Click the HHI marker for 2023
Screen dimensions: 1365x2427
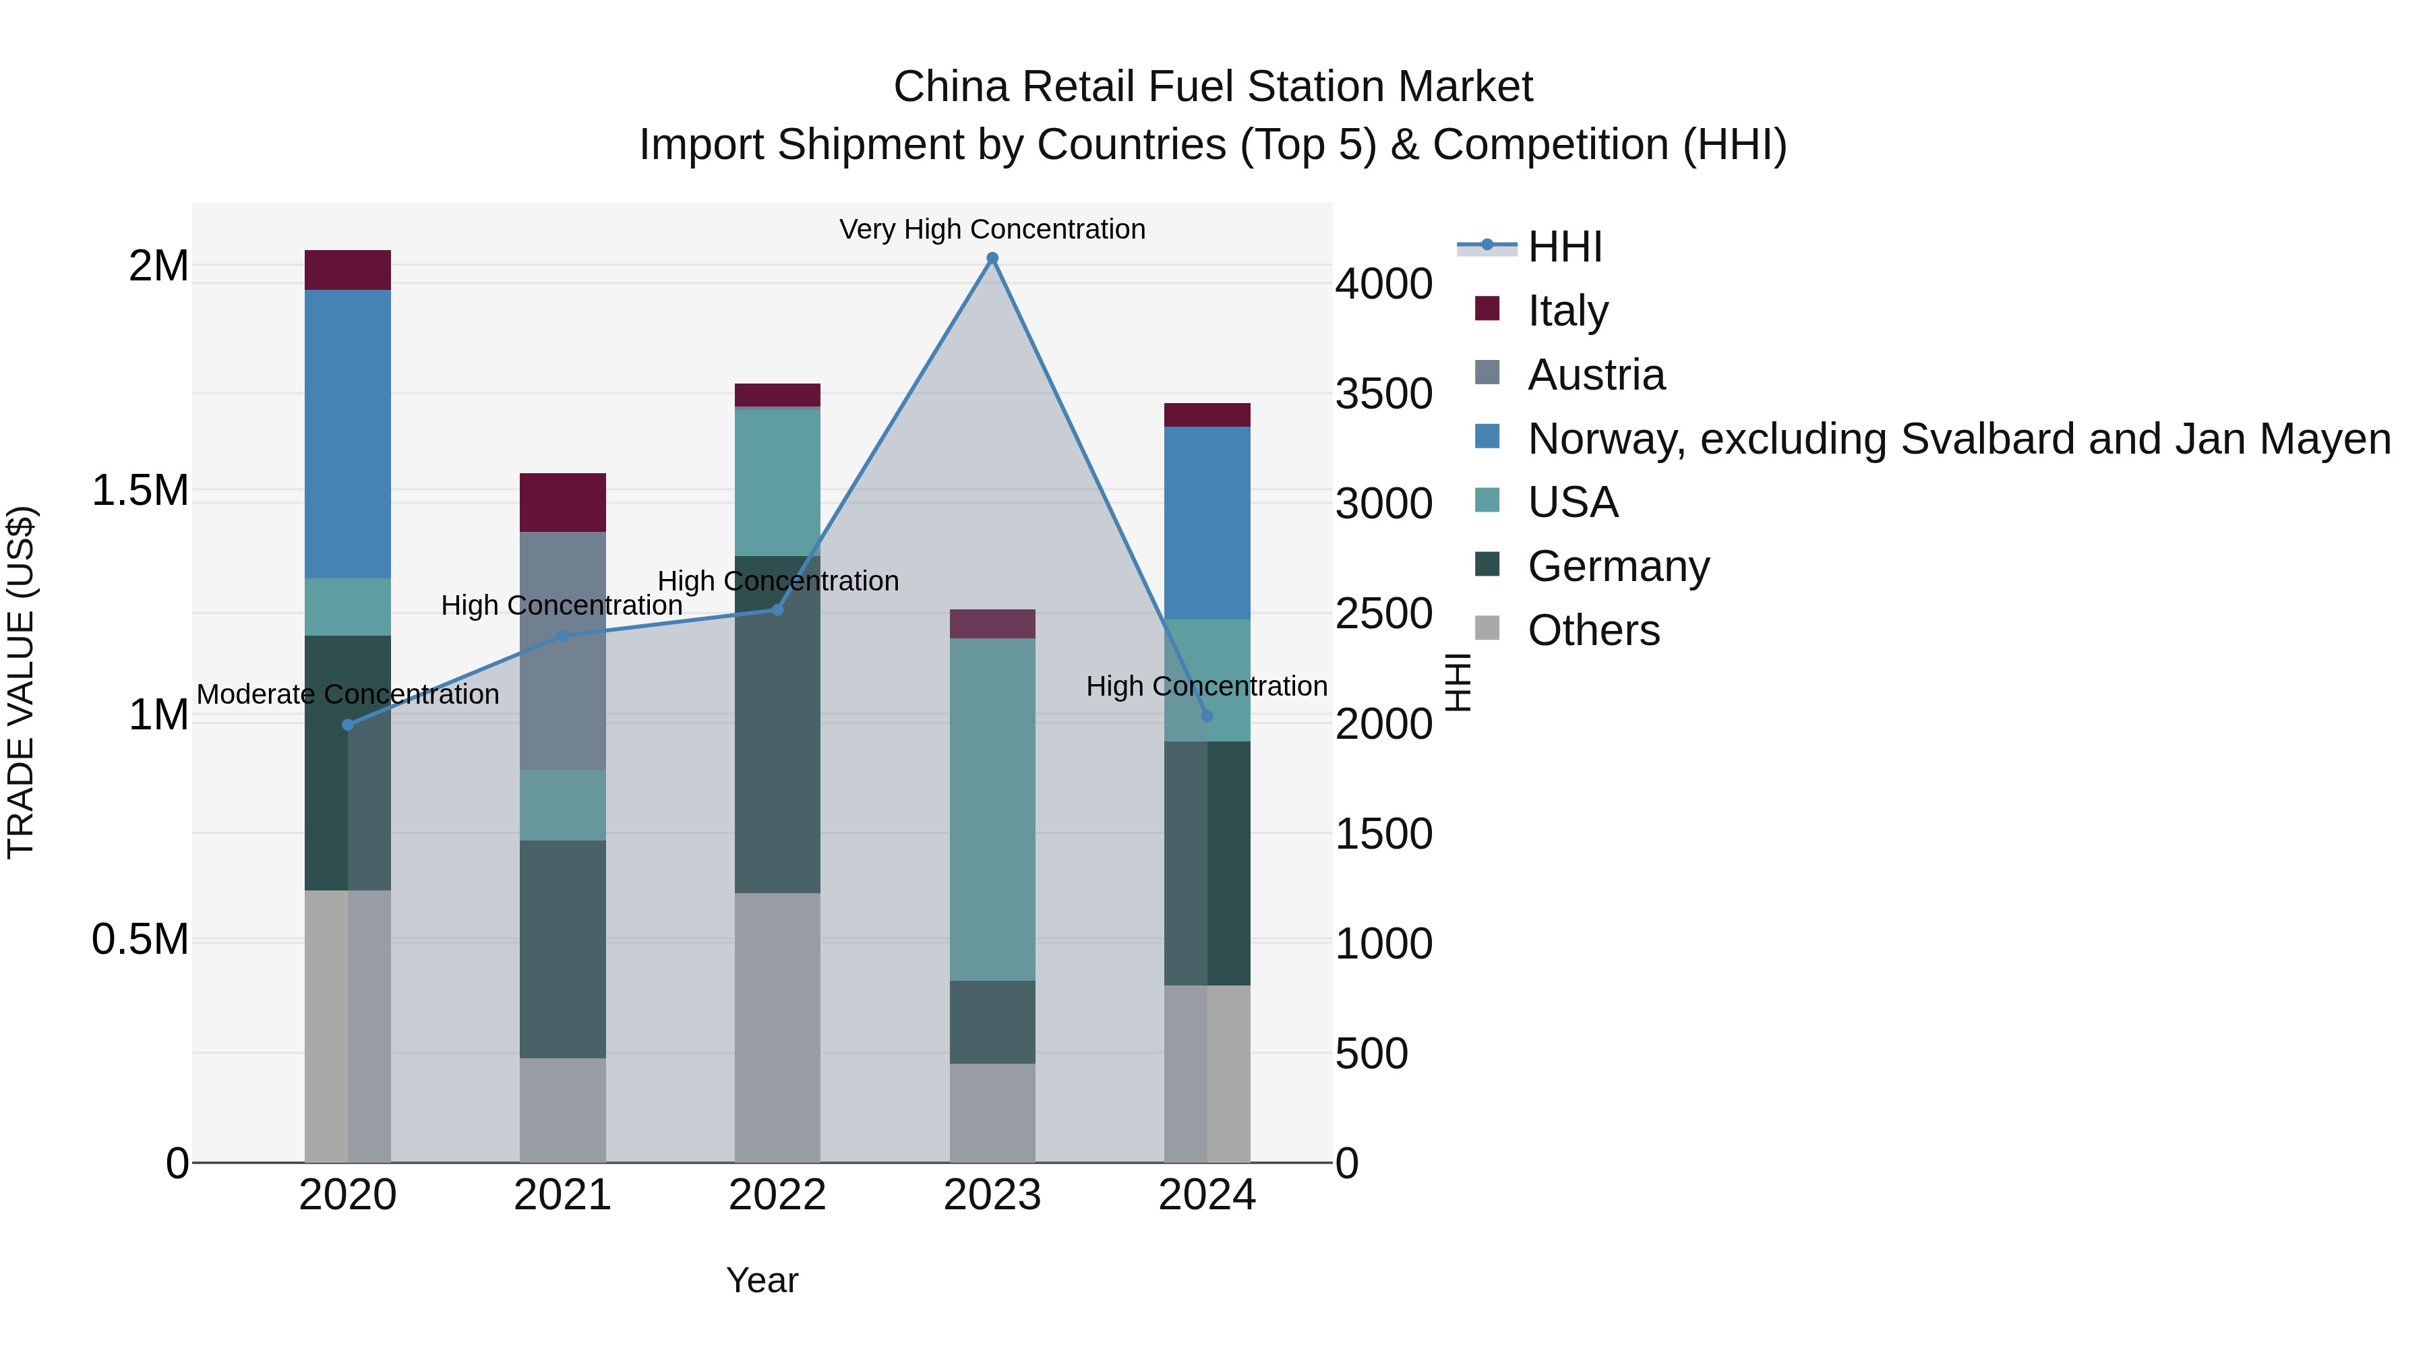tap(992, 258)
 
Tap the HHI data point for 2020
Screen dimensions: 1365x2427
tap(348, 725)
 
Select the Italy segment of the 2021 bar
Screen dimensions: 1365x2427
tap(562, 502)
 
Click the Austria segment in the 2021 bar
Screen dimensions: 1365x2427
tap(562, 650)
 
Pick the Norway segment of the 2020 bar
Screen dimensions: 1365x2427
tap(348, 433)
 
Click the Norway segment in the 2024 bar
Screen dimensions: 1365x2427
tap(1207, 523)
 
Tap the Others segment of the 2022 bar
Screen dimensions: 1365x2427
tap(777, 1027)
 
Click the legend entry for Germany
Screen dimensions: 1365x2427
tap(1618, 566)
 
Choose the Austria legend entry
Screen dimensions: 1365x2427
tap(1595, 375)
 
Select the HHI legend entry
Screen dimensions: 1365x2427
tap(1564, 247)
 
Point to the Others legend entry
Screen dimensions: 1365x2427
tap(1592, 630)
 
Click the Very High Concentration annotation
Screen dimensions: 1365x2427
tap(992, 229)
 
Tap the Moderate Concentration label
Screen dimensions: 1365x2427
tap(348, 694)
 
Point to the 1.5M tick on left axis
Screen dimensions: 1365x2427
tap(140, 491)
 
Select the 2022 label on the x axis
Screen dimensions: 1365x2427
tap(777, 1195)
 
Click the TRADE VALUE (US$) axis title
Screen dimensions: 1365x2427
tap(21, 682)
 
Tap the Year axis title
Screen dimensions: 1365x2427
tap(762, 1280)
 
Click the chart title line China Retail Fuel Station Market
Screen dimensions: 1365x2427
tap(1213, 87)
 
